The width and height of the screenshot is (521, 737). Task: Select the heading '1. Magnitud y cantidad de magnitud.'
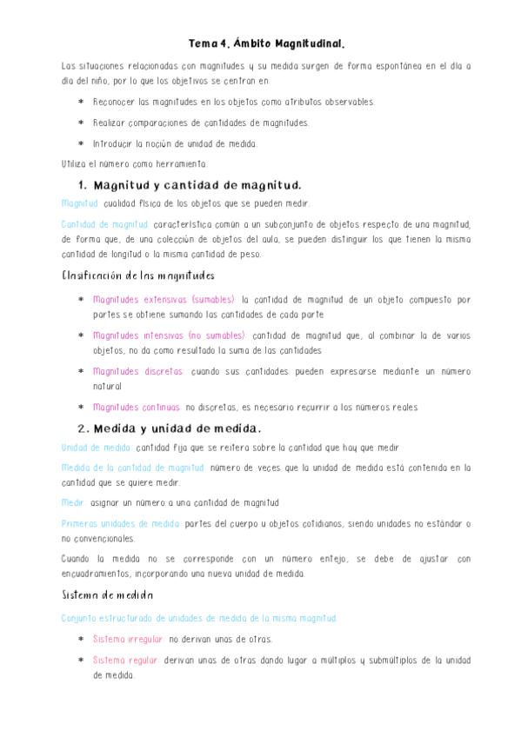189,185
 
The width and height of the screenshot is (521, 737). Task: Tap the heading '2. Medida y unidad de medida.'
169,428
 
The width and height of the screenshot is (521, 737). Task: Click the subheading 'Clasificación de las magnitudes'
137,276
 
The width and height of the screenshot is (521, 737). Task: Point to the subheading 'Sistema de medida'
107,595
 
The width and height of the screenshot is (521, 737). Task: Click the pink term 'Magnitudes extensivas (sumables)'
163,300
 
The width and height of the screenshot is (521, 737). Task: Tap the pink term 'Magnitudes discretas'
138,371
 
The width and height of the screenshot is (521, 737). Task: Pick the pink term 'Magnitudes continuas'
137,407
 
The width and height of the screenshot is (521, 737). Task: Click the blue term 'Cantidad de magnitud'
99,224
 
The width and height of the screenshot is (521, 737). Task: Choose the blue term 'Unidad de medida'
96,448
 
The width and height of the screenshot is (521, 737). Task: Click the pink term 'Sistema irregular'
128,640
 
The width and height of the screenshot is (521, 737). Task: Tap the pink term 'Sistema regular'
124,660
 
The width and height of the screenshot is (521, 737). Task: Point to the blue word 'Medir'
73,502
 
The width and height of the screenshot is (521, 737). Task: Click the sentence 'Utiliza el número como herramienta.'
135,163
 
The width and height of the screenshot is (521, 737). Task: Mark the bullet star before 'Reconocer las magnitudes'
81,103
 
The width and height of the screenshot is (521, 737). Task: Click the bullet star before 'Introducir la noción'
81,144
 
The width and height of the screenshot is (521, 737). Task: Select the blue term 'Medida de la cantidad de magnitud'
133,468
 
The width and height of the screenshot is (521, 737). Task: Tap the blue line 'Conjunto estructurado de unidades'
199,618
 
